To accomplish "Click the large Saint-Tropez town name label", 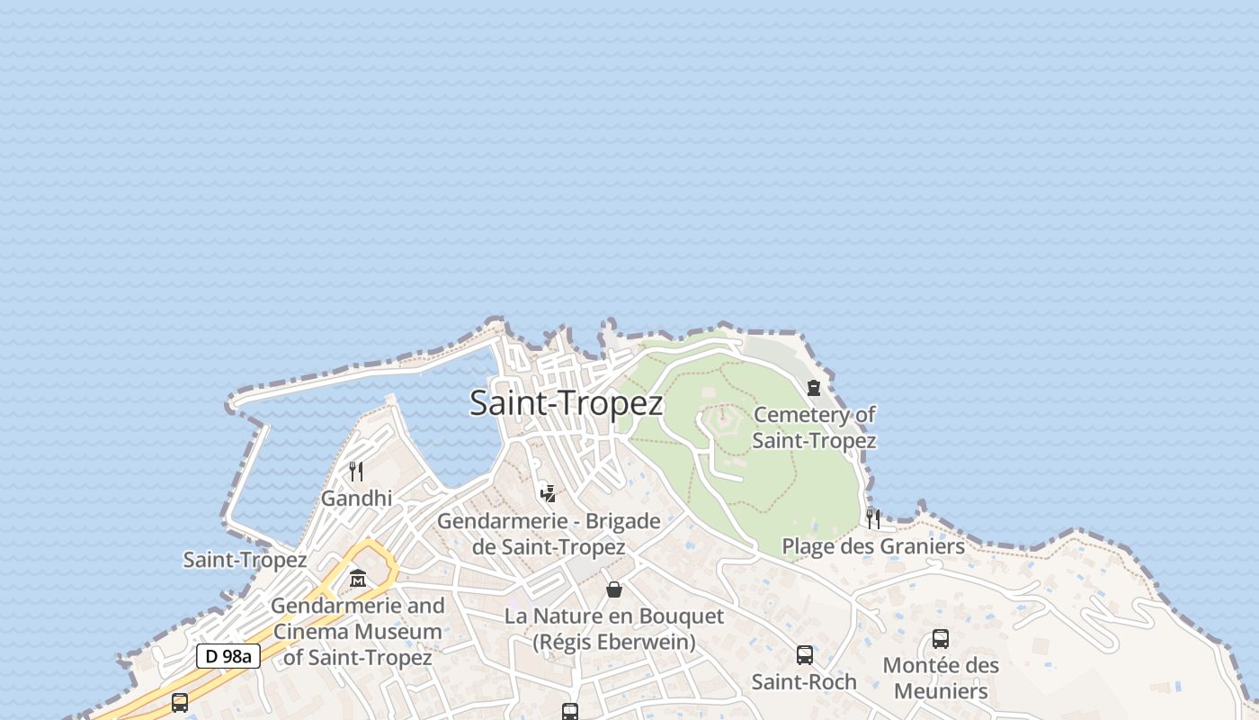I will tap(567, 403).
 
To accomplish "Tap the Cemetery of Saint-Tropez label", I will tap(814, 427).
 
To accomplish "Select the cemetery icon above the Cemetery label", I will tap(814, 388).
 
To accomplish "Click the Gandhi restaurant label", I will tap(357, 498).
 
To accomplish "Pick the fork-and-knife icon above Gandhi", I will tap(356, 471).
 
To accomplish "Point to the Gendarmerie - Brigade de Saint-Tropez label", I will tap(549, 534).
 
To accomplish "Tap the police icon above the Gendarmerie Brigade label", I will tap(548, 493).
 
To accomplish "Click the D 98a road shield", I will tap(228, 656).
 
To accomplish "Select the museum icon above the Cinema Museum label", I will tap(358, 579).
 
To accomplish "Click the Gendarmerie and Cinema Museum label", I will tap(358, 631).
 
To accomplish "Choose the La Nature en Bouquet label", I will tap(614, 628).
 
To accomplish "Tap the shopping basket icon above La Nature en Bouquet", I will tap(614, 589).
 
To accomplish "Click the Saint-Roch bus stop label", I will tap(804, 681).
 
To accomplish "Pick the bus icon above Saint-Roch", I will tap(805, 654).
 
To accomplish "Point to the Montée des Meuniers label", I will tap(941, 678).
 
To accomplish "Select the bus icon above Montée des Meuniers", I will tap(941, 639).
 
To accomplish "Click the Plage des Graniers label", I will tap(873, 546).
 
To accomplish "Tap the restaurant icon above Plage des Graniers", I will tap(872, 518).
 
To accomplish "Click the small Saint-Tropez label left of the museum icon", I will tap(245, 560).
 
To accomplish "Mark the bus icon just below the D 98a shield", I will tap(180, 702).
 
